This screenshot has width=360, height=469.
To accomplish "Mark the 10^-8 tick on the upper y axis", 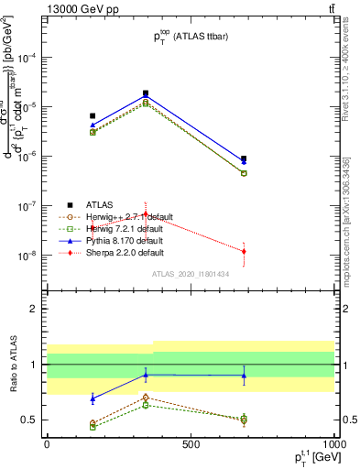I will pos(29,256).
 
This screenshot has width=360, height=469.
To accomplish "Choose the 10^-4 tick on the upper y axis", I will pos(29,57).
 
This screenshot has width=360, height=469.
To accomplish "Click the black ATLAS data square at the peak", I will pos(146,93).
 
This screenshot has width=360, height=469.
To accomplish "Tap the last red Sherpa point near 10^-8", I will pos(244,251).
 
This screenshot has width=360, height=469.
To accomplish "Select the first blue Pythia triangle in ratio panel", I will pos(93,398).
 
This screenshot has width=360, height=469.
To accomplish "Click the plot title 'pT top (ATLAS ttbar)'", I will pos(190,38).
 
